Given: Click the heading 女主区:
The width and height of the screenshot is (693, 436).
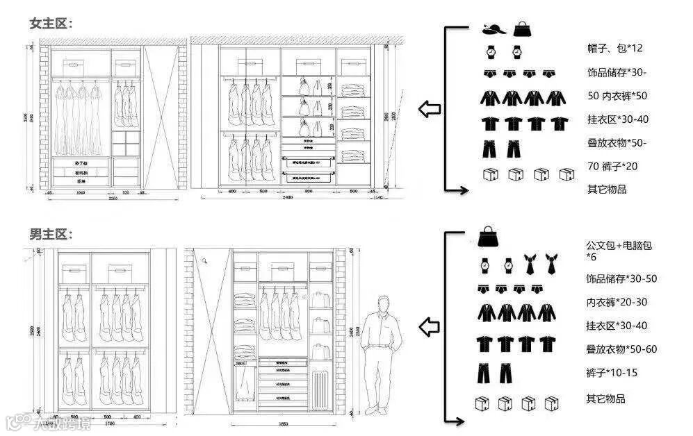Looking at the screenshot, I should [51, 23].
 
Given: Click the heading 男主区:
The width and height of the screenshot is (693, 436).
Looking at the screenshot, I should [51, 234].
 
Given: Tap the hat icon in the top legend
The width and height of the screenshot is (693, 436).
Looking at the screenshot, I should [493, 29].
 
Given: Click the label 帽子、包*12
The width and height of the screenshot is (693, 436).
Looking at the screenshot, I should [614, 48].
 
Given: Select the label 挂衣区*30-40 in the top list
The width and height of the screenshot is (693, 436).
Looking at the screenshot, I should [617, 119].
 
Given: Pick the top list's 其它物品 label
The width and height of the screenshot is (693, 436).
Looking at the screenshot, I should [606, 189].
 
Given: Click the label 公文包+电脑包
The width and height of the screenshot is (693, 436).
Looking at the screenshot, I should [619, 246].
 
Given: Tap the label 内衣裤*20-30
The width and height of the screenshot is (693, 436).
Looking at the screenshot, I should [617, 302].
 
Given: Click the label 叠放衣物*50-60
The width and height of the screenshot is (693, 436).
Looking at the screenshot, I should [621, 349].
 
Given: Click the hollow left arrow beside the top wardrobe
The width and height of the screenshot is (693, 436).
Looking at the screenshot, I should [430, 108].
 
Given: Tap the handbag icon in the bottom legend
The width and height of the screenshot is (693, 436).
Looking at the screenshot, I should [489, 236].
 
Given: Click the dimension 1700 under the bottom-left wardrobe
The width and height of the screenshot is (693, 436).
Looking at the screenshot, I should [109, 423].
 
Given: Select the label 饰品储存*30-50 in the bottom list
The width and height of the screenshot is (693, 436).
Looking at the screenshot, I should [621, 278].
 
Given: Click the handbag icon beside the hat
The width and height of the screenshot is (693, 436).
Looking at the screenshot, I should [521, 29].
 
